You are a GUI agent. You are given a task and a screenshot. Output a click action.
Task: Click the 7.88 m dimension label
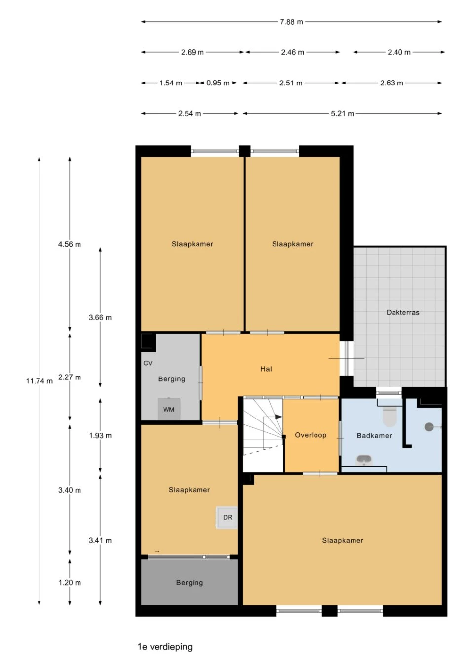(291, 22)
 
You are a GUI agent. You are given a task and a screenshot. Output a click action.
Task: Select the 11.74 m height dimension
(39, 381)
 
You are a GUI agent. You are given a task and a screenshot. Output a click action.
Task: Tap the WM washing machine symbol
(169, 409)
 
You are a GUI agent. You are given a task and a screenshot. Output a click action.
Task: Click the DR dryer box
(227, 517)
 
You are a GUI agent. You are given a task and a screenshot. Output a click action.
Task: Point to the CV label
(148, 363)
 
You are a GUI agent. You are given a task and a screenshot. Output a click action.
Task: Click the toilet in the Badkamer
(390, 416)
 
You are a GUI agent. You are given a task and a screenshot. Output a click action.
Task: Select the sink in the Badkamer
(364, 460)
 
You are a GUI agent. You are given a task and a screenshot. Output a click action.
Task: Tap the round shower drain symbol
(429, 427)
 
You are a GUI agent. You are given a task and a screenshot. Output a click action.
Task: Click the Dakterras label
(403, 312)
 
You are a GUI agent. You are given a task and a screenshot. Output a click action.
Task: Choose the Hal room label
(266, 369)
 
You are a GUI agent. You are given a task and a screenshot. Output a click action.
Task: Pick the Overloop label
(311, 435)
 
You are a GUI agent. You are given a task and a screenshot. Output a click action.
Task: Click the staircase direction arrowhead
(278, 417)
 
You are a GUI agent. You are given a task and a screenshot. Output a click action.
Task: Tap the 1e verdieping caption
(165, 646)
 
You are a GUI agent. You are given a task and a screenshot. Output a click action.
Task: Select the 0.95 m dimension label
(218, 83)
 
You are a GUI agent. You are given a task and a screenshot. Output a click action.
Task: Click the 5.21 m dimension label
(342, 114)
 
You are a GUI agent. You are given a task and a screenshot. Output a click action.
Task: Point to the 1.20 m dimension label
(70, 583)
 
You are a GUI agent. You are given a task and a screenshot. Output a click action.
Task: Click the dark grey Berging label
(190, 583)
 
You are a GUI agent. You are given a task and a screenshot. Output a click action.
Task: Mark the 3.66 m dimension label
(100, 318)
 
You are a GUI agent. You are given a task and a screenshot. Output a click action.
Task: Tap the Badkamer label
(374, 435)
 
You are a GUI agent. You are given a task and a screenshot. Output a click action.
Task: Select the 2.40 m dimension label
(399, 52)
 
